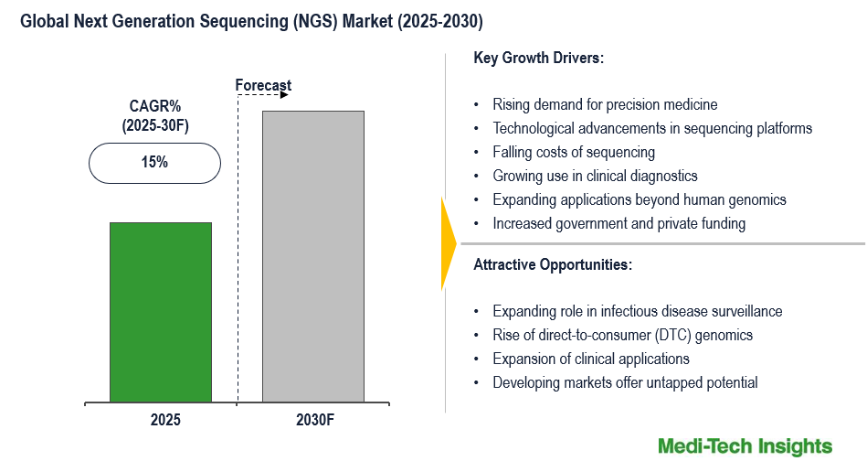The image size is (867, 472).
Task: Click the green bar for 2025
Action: pyautogui.click(x=161, y=312)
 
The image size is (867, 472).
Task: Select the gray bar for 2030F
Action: pyautogui.click(x=313, y=256)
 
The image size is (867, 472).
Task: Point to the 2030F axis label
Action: pyautogui.click(x=312, y=421)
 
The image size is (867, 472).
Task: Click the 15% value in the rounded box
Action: pyautogui.click(x=154, y=163)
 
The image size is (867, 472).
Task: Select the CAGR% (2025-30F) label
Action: pyautogui.click(x=154, y=116)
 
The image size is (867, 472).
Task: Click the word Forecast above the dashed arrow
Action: pyautogui.click(x=263, y=86)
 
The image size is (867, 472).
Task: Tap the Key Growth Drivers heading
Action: pyautogui.click(x=539, y=58)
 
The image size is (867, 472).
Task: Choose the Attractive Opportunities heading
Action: pyautogui.click(x=553, y=264)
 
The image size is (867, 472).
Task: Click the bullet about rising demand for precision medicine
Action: pyautogui.click(x=605, y=104)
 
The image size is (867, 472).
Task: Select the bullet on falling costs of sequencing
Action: pyautogui.click(x=574, y=152)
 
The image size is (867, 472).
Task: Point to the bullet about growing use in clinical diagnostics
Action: pyautogui.click(x=595, y=176)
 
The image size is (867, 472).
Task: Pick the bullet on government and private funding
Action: pyautogui.click(x=619, y=223)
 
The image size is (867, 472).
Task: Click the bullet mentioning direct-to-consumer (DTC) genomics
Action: pyautogui.click(x=622, y=335)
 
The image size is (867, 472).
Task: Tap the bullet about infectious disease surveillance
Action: pyautogui.click(x=637, y=311)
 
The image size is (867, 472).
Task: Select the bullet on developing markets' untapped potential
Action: pyautogui.click(x=625, y=382)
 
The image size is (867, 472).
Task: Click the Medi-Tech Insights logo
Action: pyautogui.click(x=745, y=446)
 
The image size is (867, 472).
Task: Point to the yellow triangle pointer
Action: pyautogui.click(x=448, y=243)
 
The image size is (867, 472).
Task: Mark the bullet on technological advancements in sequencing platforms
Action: pyautogui.click(x=652, y=128)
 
